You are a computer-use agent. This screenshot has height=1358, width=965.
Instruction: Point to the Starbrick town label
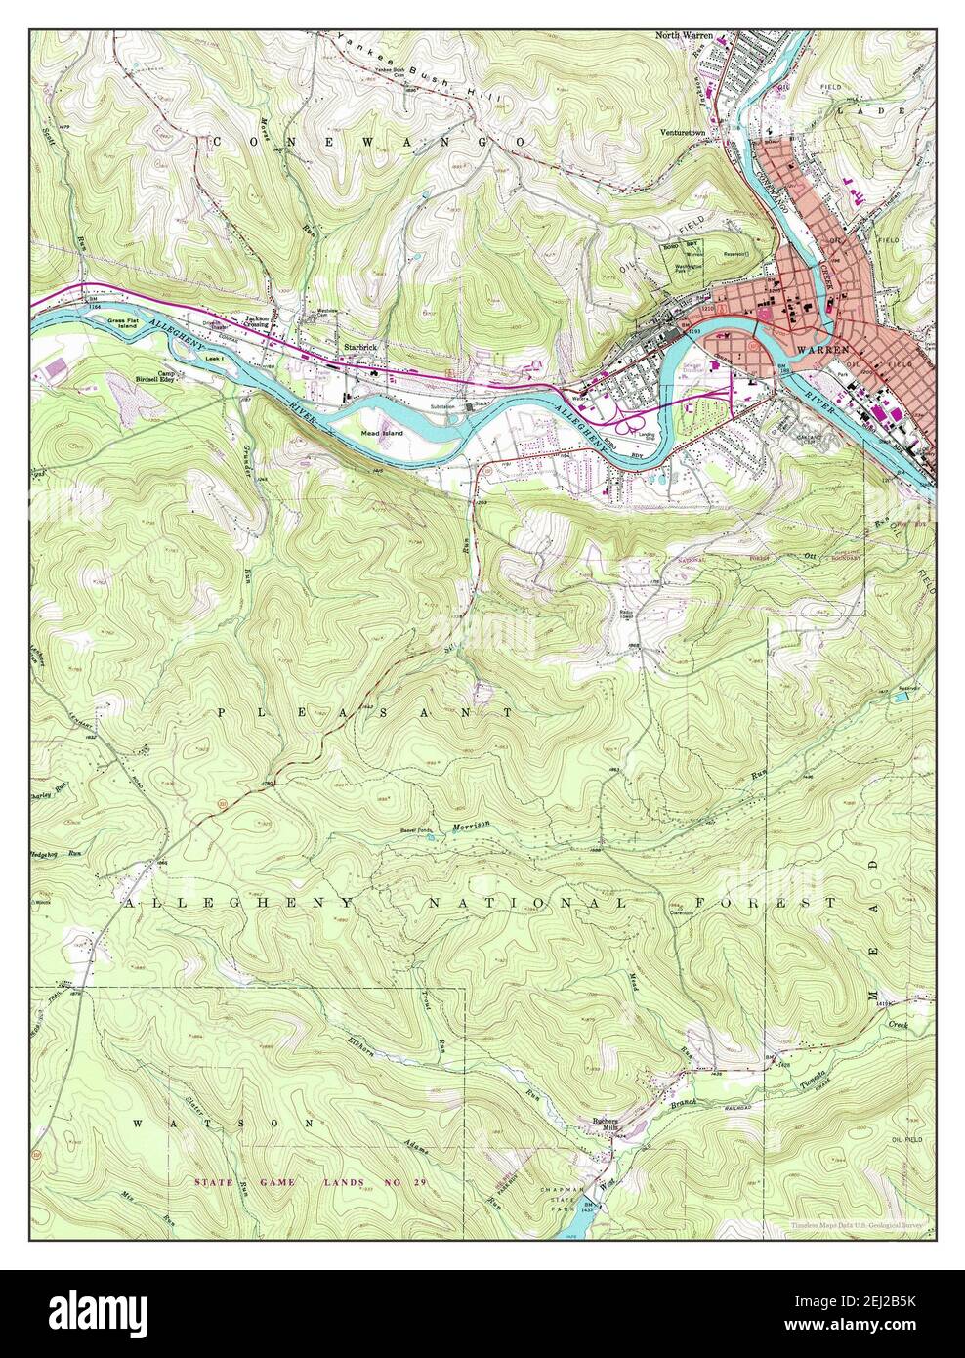coord(357,346)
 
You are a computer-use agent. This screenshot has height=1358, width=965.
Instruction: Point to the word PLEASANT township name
coord(363,714)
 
